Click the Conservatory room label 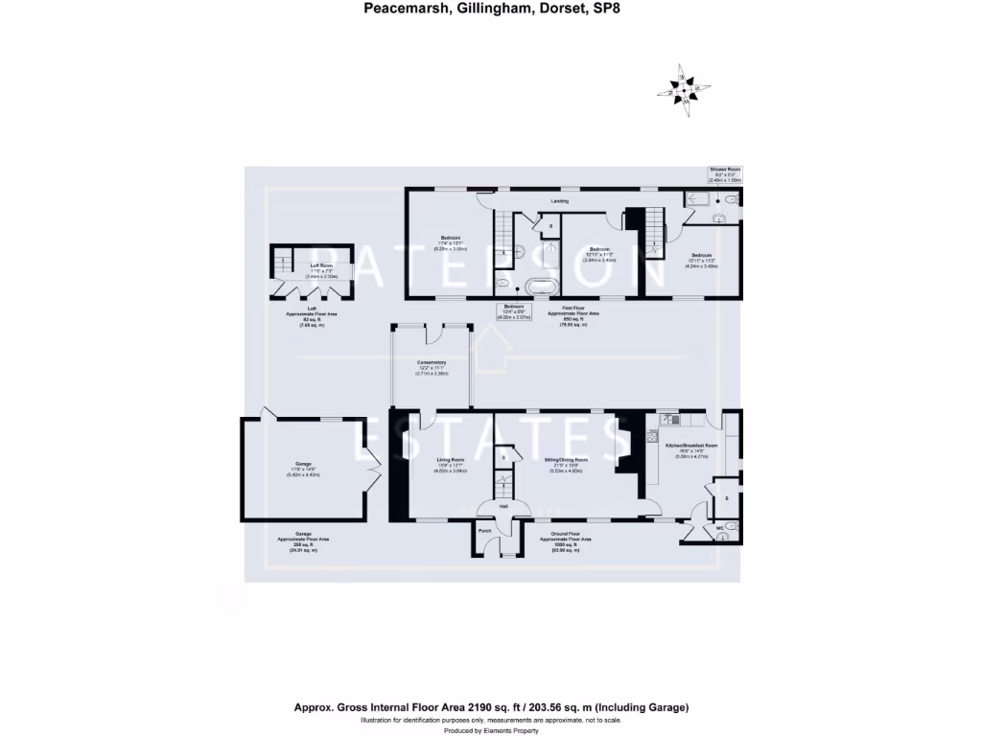click(x=431, y=362)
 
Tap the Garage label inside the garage click(x=303, y=464)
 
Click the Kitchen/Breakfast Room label click(x=691, y=446)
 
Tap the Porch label click(x=484, y=530)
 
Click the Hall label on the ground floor click(x=503, y=506)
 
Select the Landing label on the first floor click(x=559, y=201)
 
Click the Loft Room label click(x=320, y=265)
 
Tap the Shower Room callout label click(x=725, y=169)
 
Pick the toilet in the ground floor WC click(x=733, y=527)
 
